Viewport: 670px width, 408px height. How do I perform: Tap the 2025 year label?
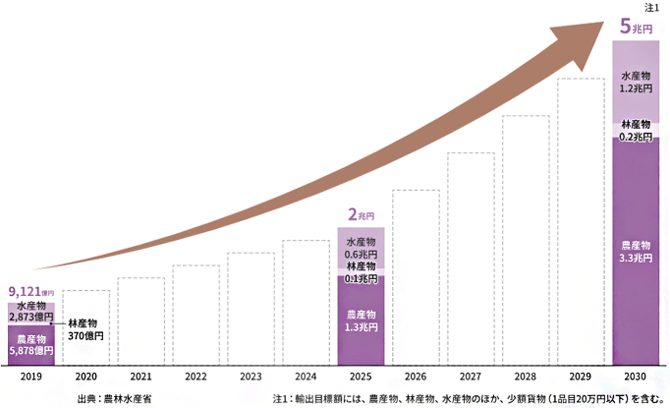click(x=361, y=377)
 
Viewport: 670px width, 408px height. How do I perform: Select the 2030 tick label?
click(x=635, y=377)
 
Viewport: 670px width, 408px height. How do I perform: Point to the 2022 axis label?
click(x=195, y=377)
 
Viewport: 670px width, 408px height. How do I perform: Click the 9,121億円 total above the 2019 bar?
click(x=28, y=292)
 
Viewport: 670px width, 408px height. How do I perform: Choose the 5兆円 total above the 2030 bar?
click(x=636, y=27)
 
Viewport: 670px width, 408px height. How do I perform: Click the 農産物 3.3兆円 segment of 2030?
click(x=636, y=251)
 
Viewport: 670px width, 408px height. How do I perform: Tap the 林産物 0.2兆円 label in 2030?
click(x=636, y=130)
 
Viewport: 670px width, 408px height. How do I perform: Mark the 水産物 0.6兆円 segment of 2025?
click(x=361, y=248)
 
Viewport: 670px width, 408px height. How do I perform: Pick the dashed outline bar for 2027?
click(x=471, y=260)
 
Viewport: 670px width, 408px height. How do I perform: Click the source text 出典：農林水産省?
click(x=115, y=399)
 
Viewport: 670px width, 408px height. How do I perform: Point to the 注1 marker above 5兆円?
click(x=653, y=8)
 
